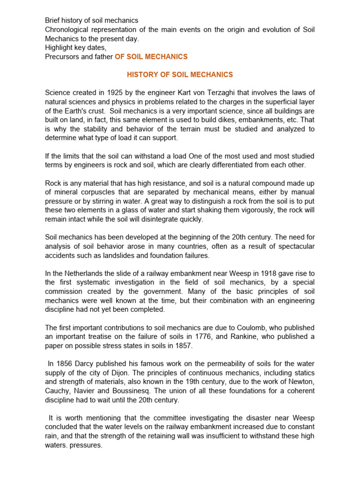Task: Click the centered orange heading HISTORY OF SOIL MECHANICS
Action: click(180, 75)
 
